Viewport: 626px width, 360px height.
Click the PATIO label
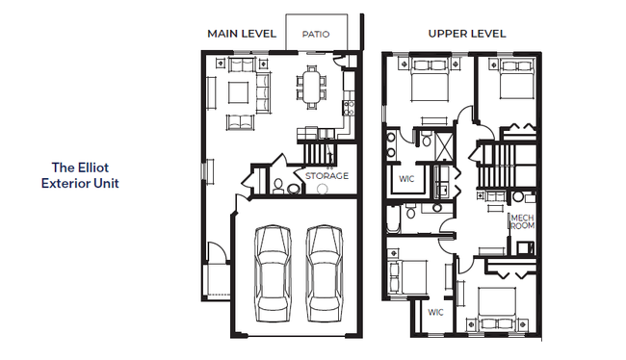pos(316,35)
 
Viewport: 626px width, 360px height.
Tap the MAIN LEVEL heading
pos(242,34)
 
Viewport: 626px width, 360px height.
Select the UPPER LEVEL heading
pos(467,34)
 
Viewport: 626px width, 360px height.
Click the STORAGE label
pos(327,175)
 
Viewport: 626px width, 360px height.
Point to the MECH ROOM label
pos(523,222)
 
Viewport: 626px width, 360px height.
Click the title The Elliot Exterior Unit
pos(80,175)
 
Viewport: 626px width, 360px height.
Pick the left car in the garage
pos(274,273)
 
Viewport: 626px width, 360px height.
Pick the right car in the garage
pos(325,273)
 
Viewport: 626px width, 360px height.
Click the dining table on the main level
pos(311,87)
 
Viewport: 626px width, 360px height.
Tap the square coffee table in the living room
pos(238,92)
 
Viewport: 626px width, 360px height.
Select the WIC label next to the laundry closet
pos(406,179)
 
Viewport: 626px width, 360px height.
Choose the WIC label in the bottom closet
pos(435,312)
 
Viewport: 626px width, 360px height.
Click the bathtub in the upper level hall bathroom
pos(393,219)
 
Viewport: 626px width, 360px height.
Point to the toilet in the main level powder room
pos(278,187)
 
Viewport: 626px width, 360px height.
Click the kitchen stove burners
pos(349,108)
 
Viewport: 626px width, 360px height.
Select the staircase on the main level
pos(318,154)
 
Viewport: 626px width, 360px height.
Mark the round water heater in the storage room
pos(323,189)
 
